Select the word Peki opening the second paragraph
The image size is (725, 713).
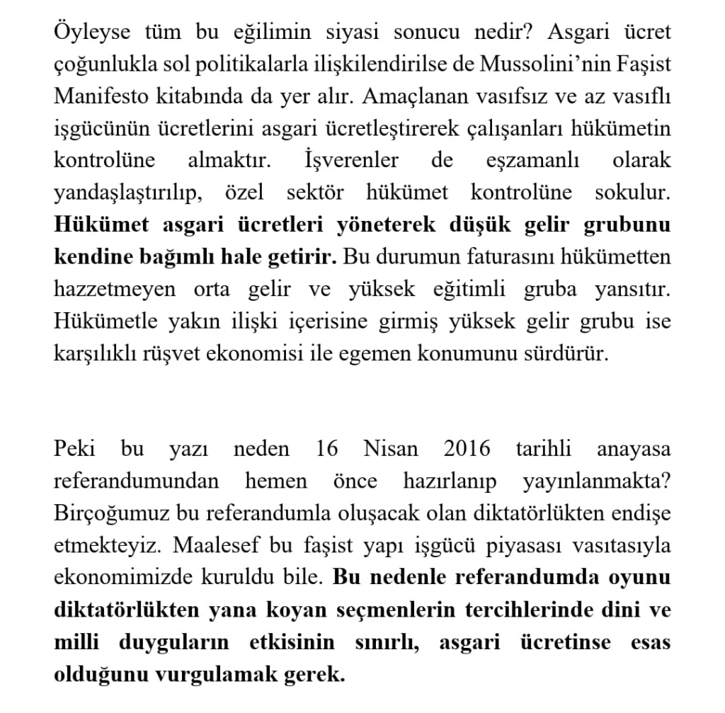click(76, 449)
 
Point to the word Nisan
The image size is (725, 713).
click(390, 449)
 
